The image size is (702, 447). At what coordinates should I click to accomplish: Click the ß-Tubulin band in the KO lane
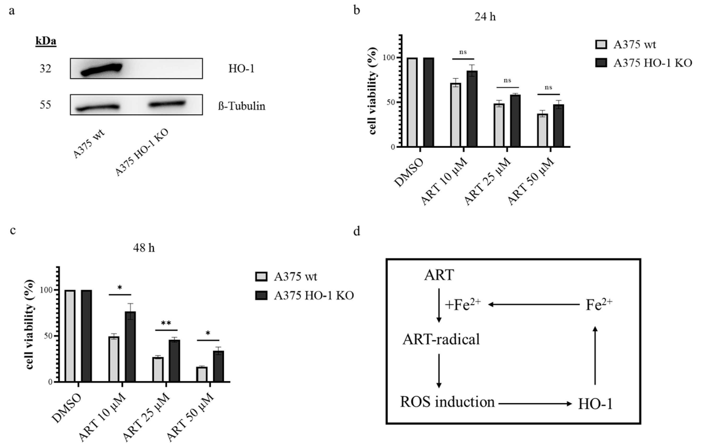tap(167, 104)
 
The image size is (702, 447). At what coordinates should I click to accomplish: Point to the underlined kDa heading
tap(46, 42)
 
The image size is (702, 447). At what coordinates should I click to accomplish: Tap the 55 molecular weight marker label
tap(46, 105)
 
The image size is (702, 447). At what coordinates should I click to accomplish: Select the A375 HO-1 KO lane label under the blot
tap(142, 153)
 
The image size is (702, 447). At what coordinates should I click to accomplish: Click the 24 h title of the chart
tap(485, 17)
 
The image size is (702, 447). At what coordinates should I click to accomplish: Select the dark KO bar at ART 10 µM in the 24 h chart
tap(472, 108)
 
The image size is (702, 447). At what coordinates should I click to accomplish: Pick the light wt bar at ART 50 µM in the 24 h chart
tap(542, 130)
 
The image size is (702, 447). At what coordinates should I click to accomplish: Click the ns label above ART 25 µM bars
tap(507, 81)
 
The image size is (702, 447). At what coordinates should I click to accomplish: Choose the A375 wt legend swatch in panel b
tap(601, 45)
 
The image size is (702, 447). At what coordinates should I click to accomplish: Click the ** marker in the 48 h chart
tap(166, 323)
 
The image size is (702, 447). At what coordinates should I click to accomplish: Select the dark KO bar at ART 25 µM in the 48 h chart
tap(174, 361)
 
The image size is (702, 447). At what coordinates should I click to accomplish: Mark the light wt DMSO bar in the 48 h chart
tap(70, 336)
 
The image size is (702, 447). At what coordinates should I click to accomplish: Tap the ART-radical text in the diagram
tap(441, 340)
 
